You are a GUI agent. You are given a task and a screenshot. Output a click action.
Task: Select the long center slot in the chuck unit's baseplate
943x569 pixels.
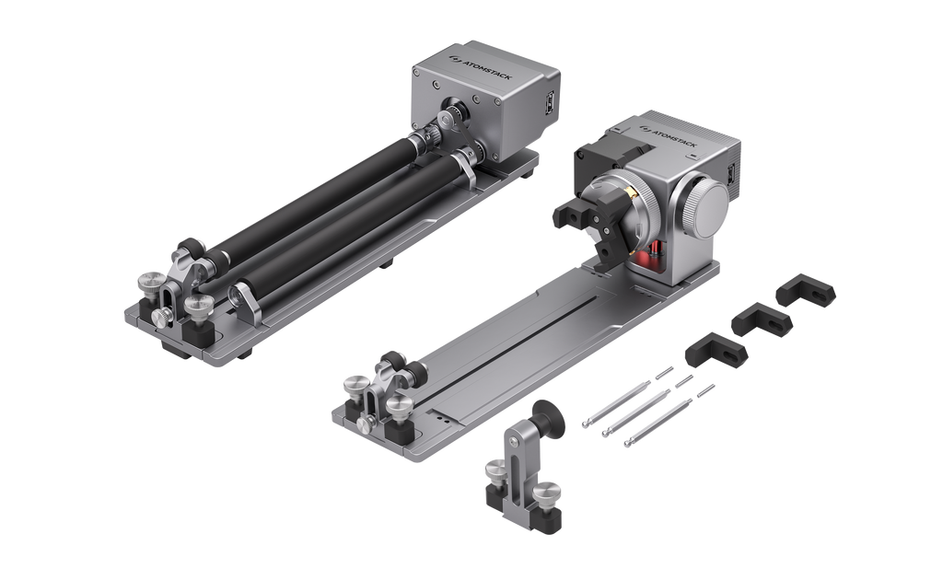point(516,341)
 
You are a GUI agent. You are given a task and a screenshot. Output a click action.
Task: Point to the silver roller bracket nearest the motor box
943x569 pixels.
point(466,165)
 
